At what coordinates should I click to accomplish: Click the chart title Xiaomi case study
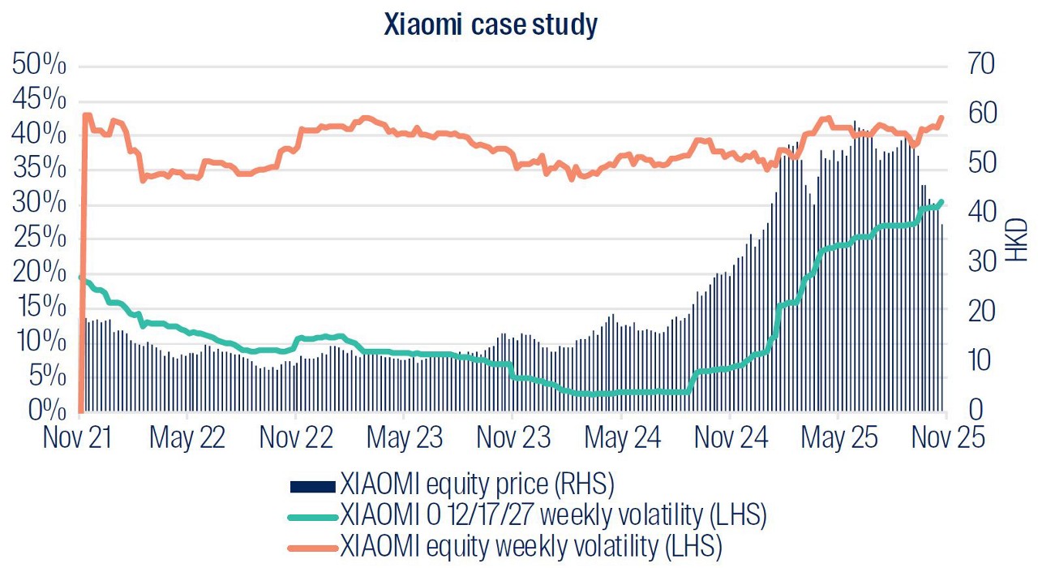point(491,25)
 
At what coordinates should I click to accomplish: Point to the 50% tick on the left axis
point(40,66)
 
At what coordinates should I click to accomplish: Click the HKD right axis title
point(1016,239)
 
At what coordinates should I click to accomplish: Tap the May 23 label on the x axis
point(405,437)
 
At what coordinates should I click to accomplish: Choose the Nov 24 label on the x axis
point(730,437)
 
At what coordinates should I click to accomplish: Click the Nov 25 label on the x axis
point(946,437)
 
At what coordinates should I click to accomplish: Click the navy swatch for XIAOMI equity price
point(312,486)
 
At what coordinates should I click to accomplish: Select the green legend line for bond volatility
point(312,514)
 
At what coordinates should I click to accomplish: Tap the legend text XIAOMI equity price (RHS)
point(478,486)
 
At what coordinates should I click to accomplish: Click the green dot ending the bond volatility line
point(941,202)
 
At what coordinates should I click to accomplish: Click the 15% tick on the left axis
point(40,307)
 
